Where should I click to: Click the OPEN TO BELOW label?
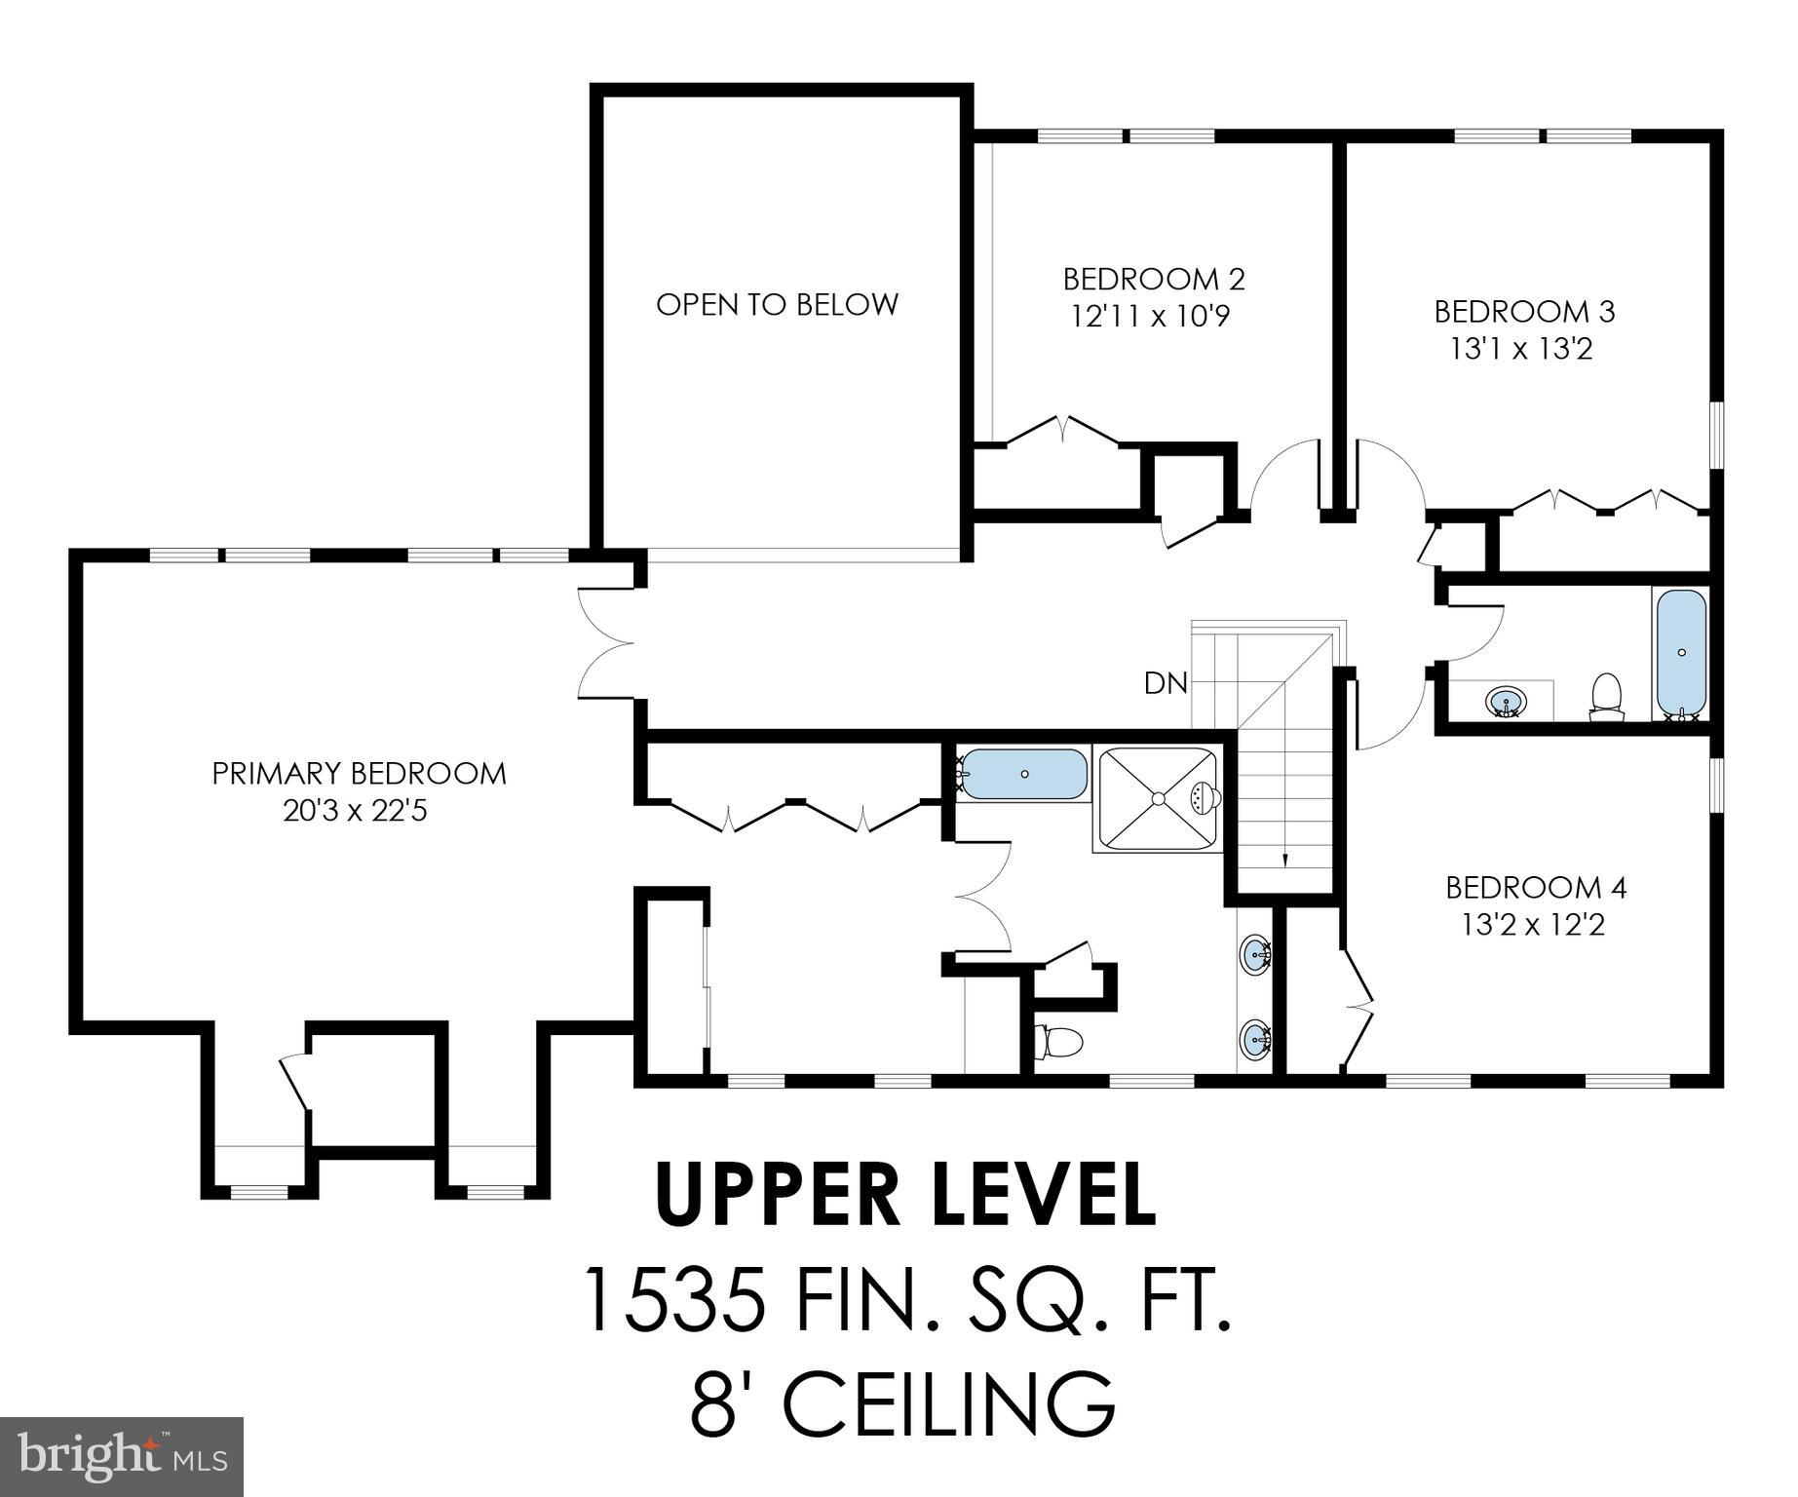point(777,305)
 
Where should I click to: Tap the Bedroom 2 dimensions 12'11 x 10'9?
point(1154,317)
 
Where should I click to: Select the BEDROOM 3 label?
point(1524,312)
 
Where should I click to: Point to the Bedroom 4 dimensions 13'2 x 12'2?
point(1533,924)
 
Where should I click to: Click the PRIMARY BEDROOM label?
point(359,774)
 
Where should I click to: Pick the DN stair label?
point(1166,684)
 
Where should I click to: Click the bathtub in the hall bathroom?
point(1681,652)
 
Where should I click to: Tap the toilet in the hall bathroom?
point(1605,696)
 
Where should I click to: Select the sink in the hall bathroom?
point(1507,702)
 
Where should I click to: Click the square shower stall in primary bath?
point(1158,799)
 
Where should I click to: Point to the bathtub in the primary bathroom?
point(1023,775)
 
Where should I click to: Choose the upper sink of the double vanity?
point(1255,952)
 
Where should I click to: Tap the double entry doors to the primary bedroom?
point(604,643)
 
